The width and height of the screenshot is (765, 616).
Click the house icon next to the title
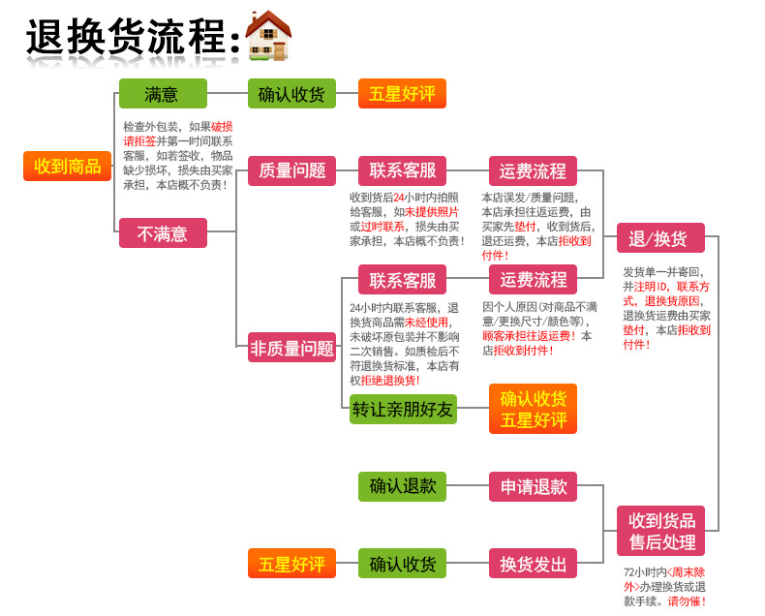268,36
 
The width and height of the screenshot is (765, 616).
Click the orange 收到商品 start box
67,167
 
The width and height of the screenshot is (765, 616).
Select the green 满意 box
163,94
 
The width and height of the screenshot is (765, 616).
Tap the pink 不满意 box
163,232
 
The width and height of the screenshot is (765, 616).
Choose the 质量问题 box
291,170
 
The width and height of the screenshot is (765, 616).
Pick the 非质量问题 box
291,349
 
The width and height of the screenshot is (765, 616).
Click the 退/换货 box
659,238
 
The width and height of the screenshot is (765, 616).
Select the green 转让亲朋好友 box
402,409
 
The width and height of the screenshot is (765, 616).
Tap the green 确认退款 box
402,486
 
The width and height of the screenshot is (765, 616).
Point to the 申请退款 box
533,486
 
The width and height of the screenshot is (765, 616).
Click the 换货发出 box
533,563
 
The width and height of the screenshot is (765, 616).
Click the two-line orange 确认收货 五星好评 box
533,409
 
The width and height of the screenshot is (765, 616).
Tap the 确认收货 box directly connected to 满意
291,94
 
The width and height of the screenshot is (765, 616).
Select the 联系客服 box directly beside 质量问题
402,170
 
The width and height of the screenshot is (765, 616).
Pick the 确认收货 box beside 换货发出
402,563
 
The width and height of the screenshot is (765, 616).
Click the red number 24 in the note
399,197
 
